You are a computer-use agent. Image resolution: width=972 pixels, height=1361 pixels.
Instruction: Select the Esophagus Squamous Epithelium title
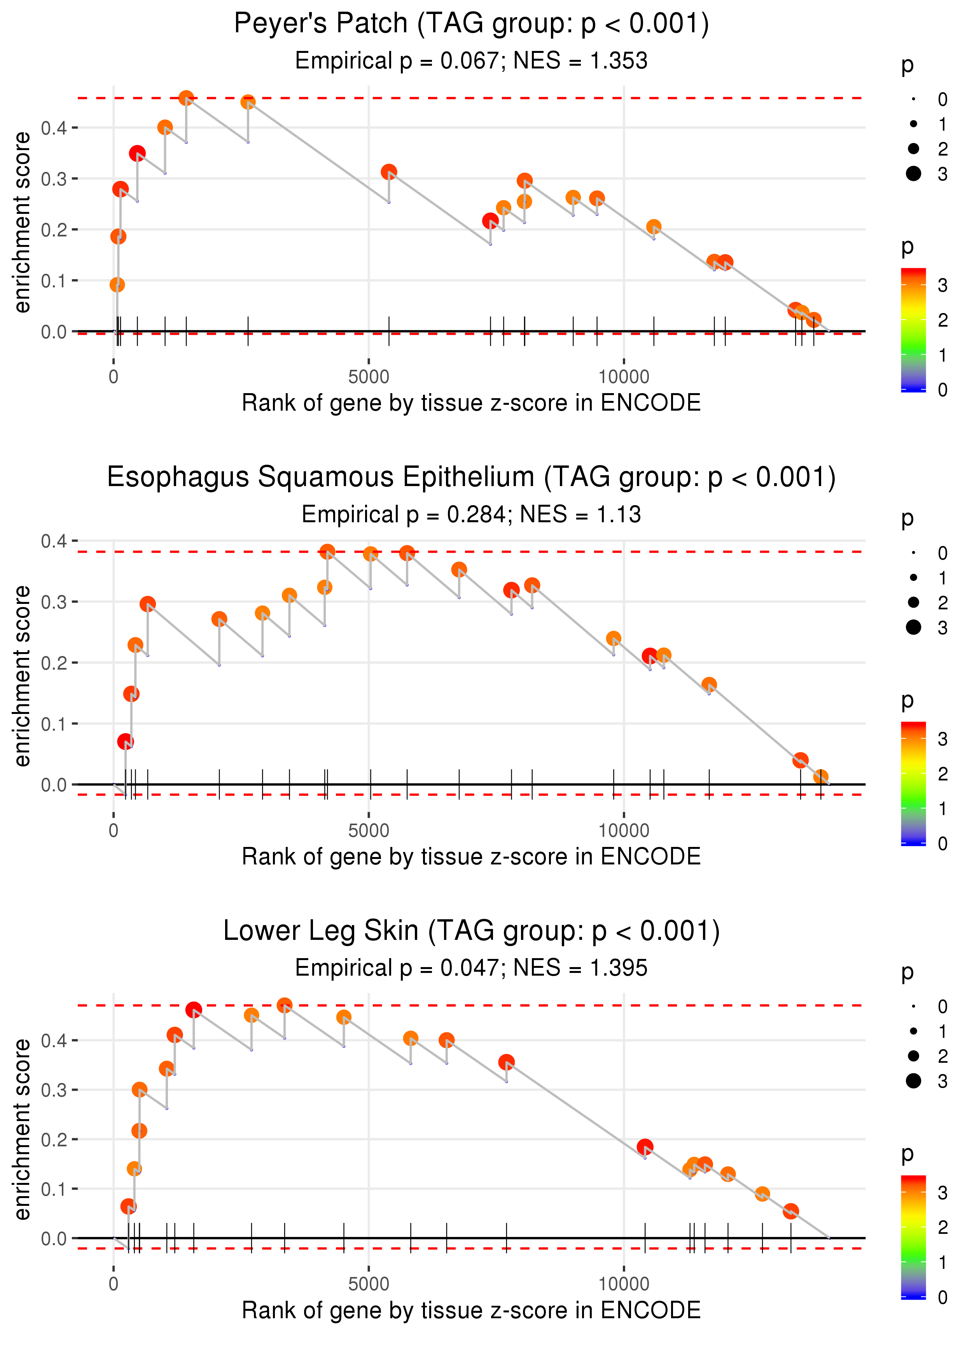pyautogui.click(x=471, y=478)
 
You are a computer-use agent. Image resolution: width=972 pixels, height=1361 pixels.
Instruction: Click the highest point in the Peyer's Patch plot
pyautogui.click(x=186, y=98)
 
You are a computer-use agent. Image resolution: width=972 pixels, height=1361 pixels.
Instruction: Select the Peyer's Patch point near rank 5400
pyautogui.click(x=389, y=172)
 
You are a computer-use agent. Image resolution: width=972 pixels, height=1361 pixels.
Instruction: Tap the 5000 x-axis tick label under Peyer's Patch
pyautogui.click(x=369, y=377)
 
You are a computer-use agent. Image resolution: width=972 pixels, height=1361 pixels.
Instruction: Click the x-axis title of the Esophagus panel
pyautogui.click(x=471, y=857)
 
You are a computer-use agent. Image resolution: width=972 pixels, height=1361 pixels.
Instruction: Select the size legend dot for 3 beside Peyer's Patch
pyautogui.click(x=913, y=173)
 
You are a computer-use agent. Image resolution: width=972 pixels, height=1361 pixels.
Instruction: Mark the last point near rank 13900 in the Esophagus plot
pyautogui.click(x=821, y=777)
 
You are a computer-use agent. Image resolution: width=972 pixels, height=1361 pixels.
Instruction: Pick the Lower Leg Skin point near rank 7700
pyautogui.click(x=506, y=1062)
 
